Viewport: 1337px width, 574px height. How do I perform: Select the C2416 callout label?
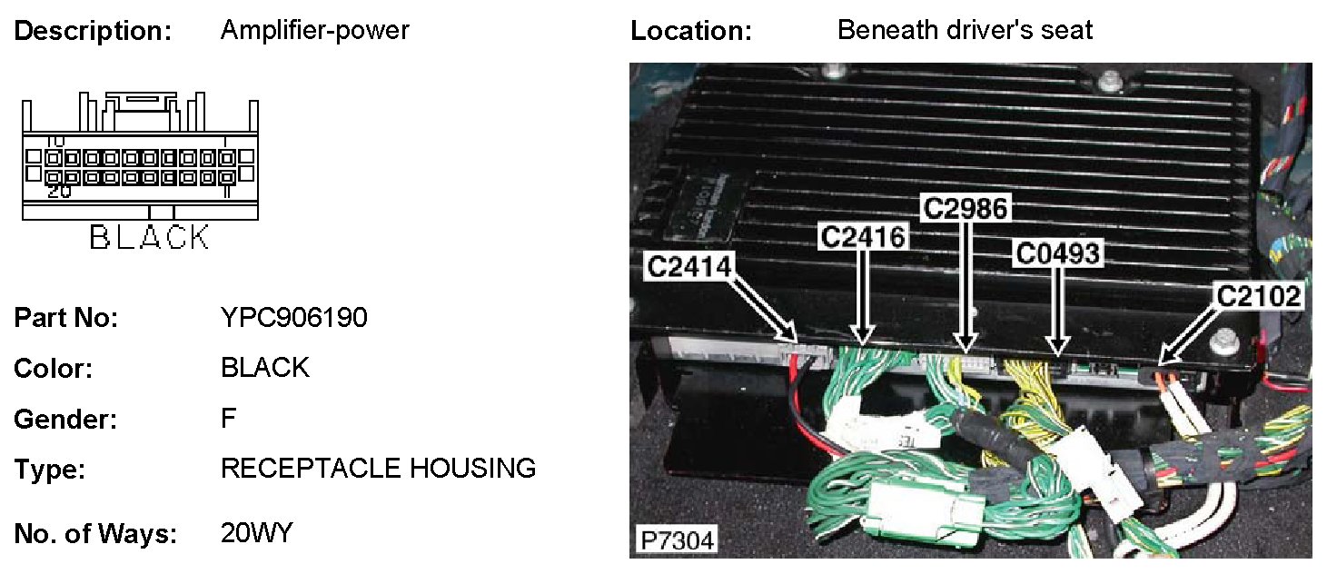click(862, 237)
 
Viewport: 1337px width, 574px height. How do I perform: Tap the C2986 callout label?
click(965, 208)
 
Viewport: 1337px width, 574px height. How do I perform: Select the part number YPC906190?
click(294, 319)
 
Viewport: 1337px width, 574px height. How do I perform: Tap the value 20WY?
click(257, 533)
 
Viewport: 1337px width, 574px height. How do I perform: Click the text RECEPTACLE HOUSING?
click(378, 469)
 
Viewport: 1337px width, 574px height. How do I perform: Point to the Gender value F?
click(228, 419)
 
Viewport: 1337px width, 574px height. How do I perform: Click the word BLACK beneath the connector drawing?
click(150, 238)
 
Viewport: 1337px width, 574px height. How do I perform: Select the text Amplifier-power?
click(314, 30)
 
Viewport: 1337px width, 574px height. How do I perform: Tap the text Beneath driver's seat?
click(965, 30)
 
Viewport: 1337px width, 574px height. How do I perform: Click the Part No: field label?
click(66, 319)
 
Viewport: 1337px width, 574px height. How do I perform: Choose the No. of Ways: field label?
click(95, 534)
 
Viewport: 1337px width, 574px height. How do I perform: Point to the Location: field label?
click(691, 31)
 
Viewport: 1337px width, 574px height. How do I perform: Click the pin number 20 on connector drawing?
click(59, 192)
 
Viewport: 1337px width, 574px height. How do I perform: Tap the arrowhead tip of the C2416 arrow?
click(862, 344)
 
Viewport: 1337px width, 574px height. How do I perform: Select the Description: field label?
click(93, 31)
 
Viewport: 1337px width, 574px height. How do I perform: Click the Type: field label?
click(49, 470)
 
